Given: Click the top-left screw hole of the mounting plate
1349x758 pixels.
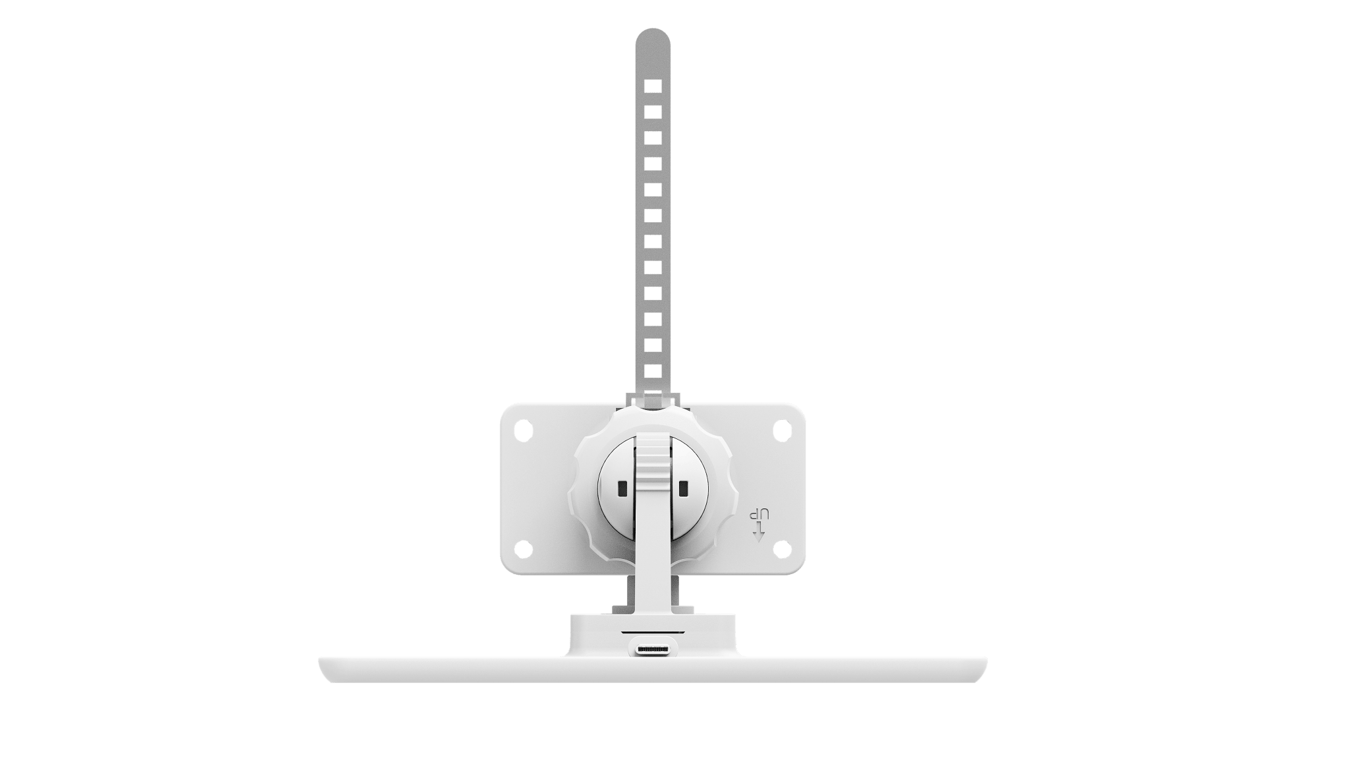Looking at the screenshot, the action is (523, 429).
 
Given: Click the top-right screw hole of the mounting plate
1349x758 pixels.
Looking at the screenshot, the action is (781, 429).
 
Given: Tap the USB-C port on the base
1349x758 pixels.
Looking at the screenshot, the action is (653, 650).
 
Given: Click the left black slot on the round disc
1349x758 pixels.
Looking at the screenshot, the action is (621, 488).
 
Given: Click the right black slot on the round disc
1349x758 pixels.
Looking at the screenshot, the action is (683, 488).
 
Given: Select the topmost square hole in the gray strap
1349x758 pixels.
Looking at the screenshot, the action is (653, 86).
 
